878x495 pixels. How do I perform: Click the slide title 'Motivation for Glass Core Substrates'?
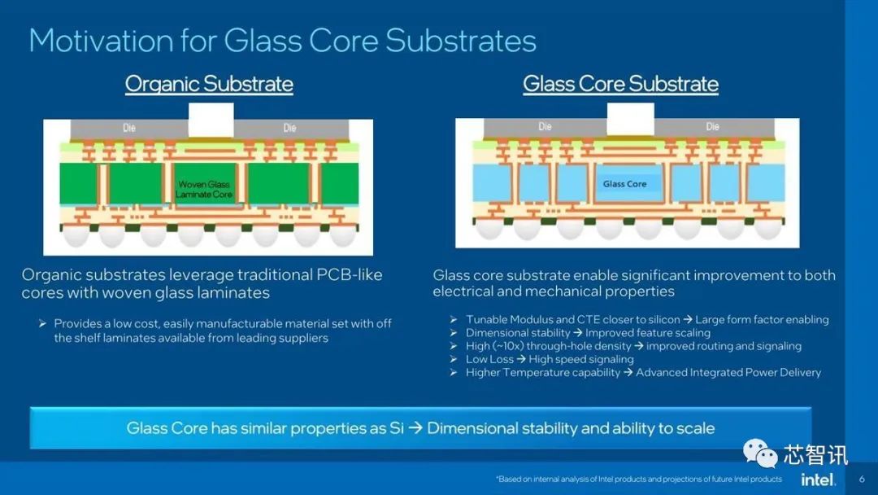coord(283,41)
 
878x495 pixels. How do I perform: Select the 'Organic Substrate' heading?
coord(209,84)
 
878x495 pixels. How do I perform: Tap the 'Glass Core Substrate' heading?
coord(620,84)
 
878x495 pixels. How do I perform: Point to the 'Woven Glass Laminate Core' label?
coord(204,189)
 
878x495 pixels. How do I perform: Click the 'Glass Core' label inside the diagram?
coord(625,184)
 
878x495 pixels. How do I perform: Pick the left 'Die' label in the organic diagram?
coord(129,128)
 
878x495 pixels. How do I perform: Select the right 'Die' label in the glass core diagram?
coord(712,127)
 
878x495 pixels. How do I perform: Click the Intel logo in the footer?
coord(818,480)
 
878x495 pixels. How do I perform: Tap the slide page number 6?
coord(862,480)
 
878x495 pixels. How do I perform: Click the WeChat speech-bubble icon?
coord(760,453)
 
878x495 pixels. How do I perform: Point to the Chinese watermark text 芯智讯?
coord(815,454)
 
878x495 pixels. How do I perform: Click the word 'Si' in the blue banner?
coord(397,428)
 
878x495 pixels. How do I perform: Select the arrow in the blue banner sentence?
coord(415,428)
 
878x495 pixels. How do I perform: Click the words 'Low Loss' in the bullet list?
coord(489,359)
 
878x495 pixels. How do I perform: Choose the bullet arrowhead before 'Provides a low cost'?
coord(42,323)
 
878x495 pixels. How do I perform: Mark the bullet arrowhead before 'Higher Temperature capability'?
coord(454,372)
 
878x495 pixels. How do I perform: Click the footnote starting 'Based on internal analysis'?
coord(639,479)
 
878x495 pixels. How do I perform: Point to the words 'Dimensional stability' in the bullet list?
coord(518,332)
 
